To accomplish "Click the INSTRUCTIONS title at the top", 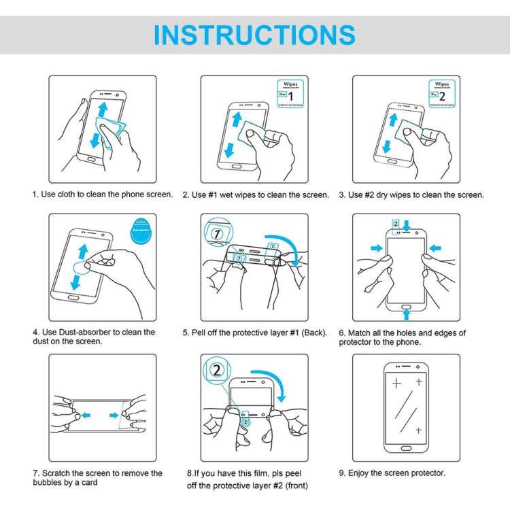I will point(254,35).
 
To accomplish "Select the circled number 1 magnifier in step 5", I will point(216,234).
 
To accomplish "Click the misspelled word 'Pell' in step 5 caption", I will point(202,333).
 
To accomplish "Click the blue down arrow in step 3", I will point(387,145).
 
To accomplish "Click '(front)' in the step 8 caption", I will point(299,486).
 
